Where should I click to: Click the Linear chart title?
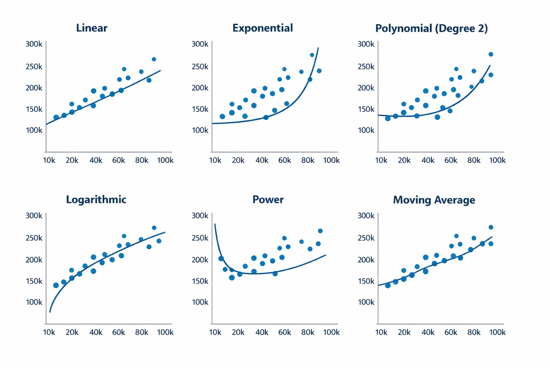pyautogui.click(x=92, y=28)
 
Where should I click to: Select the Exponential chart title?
pyautogui.click(x=262, y=28)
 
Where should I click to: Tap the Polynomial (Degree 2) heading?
pyautogui.click(x=431, y=28)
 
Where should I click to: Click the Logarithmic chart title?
pyautogui.click(x=96, y=200)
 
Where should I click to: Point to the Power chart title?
pyautogui.click(x=268, y=200)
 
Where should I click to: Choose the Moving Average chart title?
pyautogui.click(x=434, y=200)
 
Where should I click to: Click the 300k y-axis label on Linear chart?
pyautogui.click(x=34, y=44)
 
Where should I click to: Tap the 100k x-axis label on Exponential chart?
pyautogui.click(x=331, y=160)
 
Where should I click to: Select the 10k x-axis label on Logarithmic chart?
pyautogui.click(x=49, y=332)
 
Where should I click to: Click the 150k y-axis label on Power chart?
pyautogui.click(x=200, y=281)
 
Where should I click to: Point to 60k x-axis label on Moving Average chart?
pyautogui.click(x=451, y=332)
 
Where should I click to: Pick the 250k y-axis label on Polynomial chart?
pyautogui.click(x=366, y=67)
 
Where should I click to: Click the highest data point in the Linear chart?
pyautogui.click(x=154, y=59)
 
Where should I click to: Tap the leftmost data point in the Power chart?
pyautogui.click(x=221, y=258)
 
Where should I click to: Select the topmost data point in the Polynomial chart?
pyautogui.click(x=491, y=54)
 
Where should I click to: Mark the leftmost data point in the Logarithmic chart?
pyautogui.click(x=56, y=285)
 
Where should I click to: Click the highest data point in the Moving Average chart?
pyautogui.click(x=491, y=227)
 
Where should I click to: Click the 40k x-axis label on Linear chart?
pyautogui.click(x=96, y=160)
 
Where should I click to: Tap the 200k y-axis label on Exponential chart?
pyautogui.click(x=200, y=88)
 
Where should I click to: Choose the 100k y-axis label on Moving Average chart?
pyautogui.click(x=366, y=302)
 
